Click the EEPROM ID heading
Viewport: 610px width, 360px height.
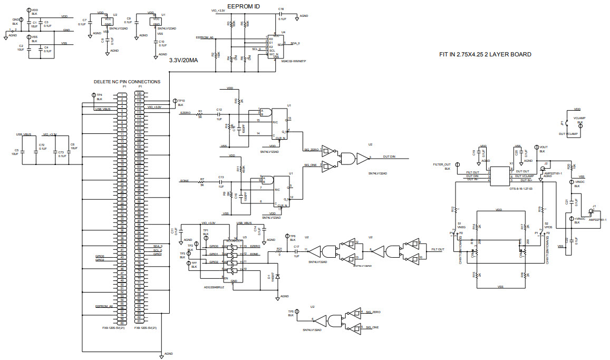[x=243, y=7]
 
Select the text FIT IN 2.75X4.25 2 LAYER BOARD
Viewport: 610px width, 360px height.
[x=485, y=54]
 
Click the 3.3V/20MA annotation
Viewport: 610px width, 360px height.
[x=183, y=60]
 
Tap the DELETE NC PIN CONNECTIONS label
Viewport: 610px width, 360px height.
[x=127, y=82]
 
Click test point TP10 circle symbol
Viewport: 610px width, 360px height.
[x=175, y=100]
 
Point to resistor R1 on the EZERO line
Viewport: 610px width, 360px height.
[x=200, y=114]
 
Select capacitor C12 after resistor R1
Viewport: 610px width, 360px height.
[x=219, y=114]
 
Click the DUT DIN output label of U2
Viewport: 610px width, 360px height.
[x=389, y=157]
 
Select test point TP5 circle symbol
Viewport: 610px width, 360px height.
[x=297, y=311]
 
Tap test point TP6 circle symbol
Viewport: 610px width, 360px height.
[x=285, y=237]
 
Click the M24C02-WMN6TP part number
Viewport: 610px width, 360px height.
[x=294, y=61]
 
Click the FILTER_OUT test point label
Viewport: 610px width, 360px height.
[x=441, y=164]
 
